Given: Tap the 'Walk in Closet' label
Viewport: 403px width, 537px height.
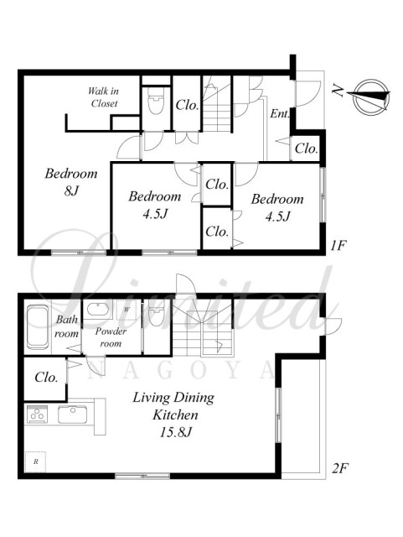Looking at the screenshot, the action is coord(104,97).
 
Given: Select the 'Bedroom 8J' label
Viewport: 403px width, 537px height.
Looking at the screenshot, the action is coord(71,182).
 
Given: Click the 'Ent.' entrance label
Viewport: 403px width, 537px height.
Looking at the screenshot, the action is coord(280,114).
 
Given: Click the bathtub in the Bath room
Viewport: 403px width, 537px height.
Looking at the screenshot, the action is coord(38,326).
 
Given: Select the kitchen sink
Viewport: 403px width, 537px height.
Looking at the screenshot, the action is coord(73,414).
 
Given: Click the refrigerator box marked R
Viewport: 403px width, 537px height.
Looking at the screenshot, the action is coord(35,461).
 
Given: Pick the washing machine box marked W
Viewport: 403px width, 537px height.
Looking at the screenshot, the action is coord(127,310).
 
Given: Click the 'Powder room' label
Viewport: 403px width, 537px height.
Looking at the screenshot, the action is coord(111,337).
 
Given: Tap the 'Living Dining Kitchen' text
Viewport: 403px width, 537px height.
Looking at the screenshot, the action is coord(173,406).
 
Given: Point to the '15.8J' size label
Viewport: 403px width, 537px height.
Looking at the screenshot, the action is coord(175,432).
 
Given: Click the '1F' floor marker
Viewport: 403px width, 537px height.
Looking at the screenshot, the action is coord(338,246).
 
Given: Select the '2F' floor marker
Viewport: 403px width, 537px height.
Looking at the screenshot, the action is coord(340,468).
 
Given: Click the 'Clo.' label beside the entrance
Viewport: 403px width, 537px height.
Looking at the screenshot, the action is coord(306,149).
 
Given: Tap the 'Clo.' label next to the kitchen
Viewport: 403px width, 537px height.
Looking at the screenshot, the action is coord(46,378).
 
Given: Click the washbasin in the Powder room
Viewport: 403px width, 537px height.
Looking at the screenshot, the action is coord(98,310).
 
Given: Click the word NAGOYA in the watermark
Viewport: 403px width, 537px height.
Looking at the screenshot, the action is coord(182,371).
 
